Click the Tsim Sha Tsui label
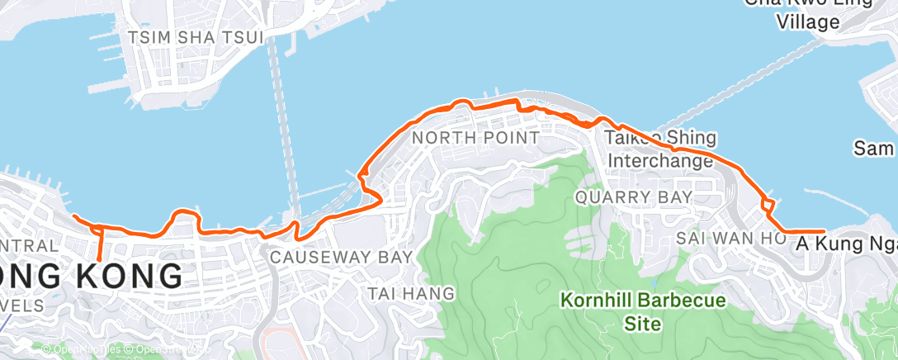click(x=196, y=37)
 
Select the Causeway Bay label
click(x=341, y=258)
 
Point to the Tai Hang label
click(x=411, y=293)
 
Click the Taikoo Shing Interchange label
click(x=660, y=149)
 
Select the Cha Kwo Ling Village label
click(x=809, y=14)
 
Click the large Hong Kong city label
click(x=91, y=276)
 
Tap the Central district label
click(x=30, y=246)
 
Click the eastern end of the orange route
click(x=824, y=231)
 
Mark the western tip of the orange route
click(x=74, y=217)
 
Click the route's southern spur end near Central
click(x=99, y=258)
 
